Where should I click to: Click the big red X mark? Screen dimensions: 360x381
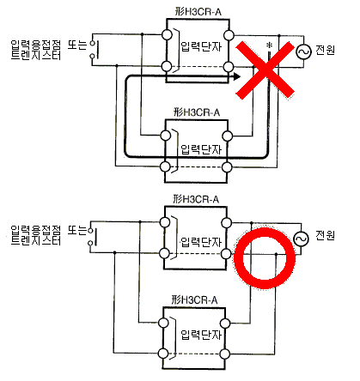tap(265, 70)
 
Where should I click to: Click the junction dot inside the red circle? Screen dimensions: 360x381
tap(276, 254)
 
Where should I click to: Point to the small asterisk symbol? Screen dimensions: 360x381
tap(269, 45)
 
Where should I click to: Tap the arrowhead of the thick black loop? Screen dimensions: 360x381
tap(236, 76)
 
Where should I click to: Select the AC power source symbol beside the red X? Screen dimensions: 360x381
tap(303, 51)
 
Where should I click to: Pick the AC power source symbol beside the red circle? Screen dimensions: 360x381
tap(302, 239)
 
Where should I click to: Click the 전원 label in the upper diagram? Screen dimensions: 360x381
tap(325, 50)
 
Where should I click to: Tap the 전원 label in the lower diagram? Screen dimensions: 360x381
tap(325, 235)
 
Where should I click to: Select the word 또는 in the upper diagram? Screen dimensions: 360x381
tap(77, 45)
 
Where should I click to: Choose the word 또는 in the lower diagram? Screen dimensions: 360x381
tap(77, 230)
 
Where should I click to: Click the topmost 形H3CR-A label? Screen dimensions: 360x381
tap(198, 12)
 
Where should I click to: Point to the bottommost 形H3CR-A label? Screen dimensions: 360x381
tap(194, 299)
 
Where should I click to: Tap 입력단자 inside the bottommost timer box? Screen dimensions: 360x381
tap(201, 335)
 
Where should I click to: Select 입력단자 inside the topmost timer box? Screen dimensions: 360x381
tap(201, 46)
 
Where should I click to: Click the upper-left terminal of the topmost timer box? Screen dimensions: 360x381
tap(167, 35)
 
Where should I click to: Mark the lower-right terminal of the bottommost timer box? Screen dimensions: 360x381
tap(225, 354)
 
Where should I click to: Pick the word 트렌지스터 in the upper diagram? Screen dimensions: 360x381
tap(36, 55)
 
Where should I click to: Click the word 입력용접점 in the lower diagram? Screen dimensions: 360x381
tap(36, 230)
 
